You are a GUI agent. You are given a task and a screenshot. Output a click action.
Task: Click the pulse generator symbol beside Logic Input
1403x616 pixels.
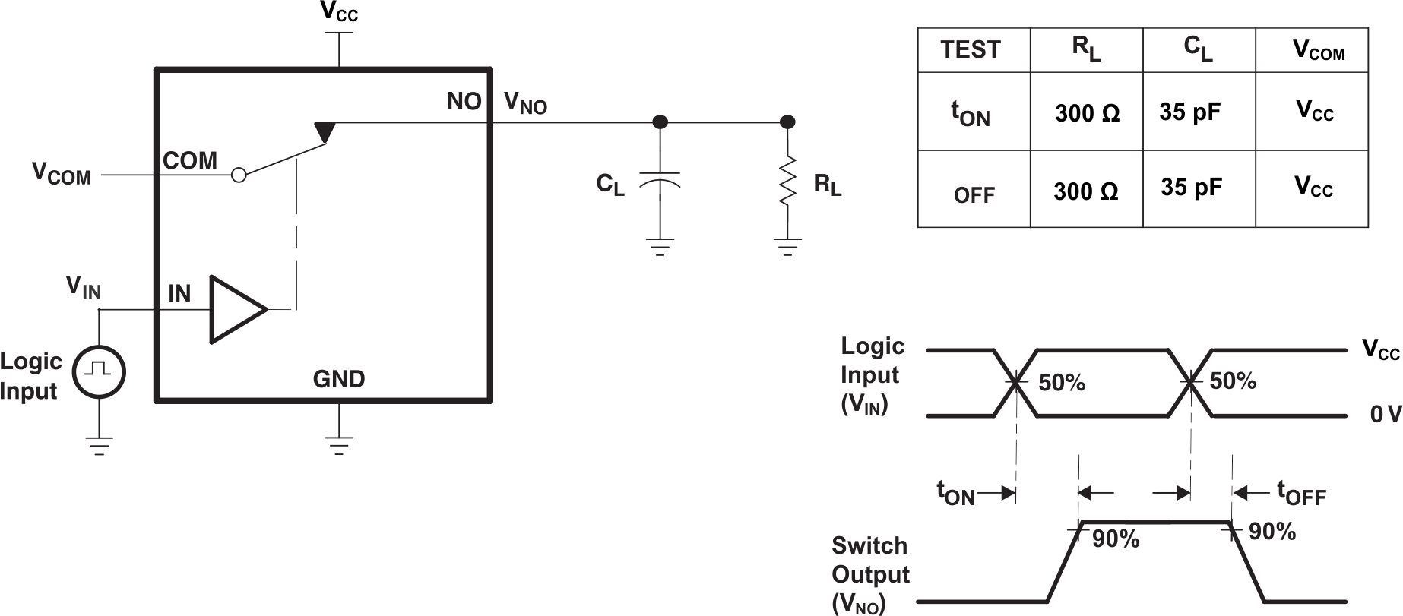tap(99, 371)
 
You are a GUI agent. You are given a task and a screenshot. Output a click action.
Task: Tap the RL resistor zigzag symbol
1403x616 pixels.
tap(788, 181)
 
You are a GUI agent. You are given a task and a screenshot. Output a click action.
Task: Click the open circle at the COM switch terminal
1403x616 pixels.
tap(239, 175)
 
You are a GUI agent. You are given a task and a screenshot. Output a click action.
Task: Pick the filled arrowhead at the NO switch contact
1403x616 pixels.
tap(325, 131)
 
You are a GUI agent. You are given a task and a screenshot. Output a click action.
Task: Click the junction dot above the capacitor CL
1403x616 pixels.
tap(660, 122)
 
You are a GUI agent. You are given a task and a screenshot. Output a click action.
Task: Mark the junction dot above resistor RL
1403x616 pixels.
tap(788, 122)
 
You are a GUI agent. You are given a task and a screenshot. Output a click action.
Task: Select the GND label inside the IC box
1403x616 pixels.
tap(339, 379)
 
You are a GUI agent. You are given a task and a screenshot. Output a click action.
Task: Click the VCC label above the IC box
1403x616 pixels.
tap(339, 12)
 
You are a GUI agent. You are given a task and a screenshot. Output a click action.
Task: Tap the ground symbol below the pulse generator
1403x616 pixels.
tap(99, 444)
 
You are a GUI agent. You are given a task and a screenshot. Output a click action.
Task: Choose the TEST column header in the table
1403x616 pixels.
tap(971, 50)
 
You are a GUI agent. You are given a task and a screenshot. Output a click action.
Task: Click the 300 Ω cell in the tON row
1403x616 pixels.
tap(1087, 114)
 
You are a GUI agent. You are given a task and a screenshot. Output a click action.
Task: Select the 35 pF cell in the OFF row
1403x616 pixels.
tap(1191, 188)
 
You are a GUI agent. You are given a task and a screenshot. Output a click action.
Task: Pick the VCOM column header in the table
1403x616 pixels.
tap(1319, 51)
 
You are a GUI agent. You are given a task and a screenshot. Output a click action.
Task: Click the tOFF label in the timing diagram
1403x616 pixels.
tap(1301, 494)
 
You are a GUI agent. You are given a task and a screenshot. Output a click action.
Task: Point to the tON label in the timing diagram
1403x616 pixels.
tap(955, 494)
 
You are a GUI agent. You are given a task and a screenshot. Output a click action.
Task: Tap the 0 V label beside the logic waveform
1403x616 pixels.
tap(1386, 415)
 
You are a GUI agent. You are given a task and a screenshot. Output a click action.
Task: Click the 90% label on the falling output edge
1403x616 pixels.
tap(1272, 532)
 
